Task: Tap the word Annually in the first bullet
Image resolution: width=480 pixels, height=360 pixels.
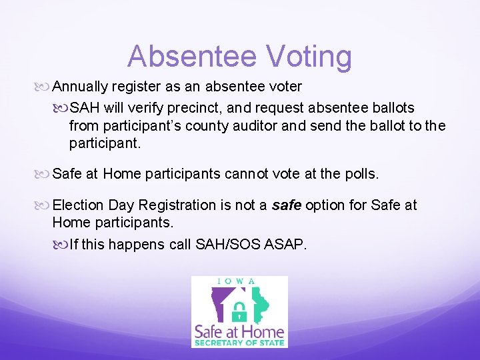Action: pyautogui.click(x=80, y=87)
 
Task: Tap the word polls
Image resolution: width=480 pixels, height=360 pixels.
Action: pyautogui.click(x=360, y=174)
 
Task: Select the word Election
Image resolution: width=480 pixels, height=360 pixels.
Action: pyautogui.click(x=78, y=205)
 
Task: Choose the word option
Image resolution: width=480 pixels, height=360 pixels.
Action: pyautogui.click(x=327, y=205)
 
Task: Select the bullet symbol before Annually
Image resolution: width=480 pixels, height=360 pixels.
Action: pyautogui.click(x=45, y=87)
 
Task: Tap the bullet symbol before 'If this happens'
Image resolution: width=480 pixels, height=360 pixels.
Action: pyautogui.click(x=61, y=245)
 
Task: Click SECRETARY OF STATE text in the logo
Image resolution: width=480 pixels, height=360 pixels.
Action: pyautogui.click(x=239, y=343)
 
